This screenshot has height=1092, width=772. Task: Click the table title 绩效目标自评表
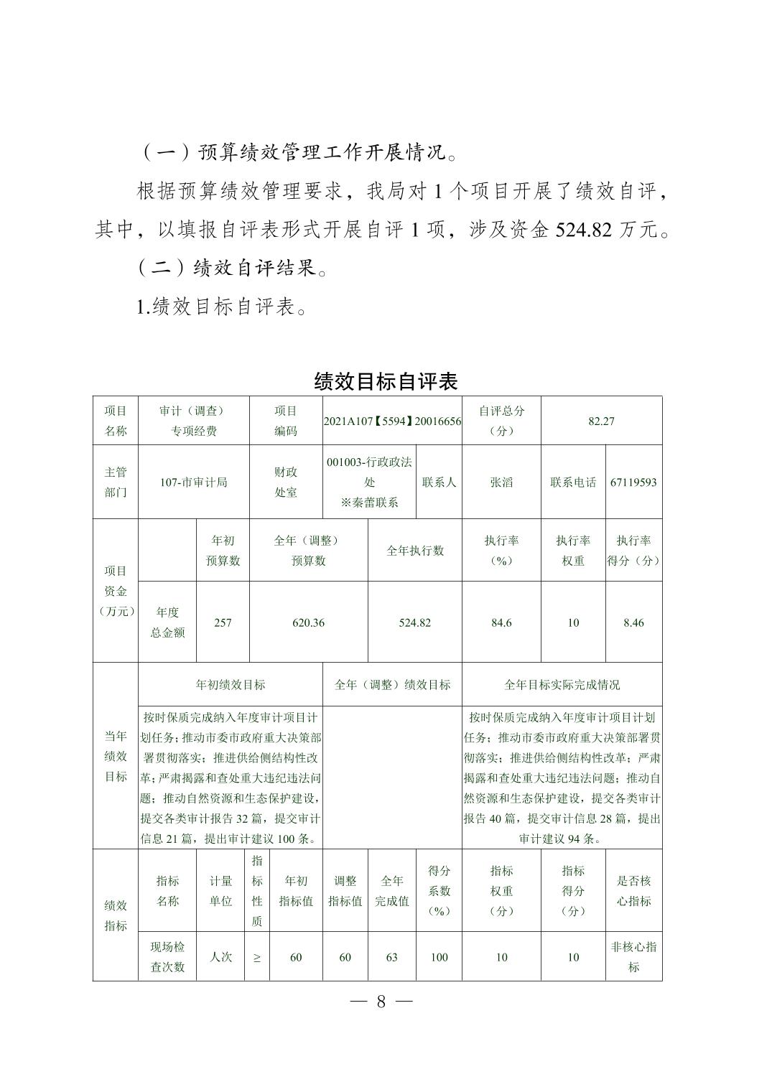(386, 381)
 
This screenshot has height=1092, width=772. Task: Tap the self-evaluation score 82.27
(601, 421)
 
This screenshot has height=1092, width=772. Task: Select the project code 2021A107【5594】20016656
(392, 421)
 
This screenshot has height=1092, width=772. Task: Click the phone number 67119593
(633, 482)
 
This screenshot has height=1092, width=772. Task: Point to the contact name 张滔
(501, 482)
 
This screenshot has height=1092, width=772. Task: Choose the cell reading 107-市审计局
(193, 482)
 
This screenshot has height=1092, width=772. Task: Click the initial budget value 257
(223, 622)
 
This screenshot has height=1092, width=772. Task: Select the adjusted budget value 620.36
(308, 622)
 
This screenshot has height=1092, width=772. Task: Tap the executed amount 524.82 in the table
(414, 622)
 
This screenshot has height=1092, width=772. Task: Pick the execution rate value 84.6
(501, 622)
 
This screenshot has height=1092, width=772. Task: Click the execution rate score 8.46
(633, 622)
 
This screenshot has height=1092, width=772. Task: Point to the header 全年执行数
(415, 551)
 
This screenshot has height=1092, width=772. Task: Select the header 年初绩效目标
(231, 685)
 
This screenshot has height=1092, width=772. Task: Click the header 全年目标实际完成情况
(562, 685)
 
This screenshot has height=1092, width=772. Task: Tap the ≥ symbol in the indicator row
(257, 957)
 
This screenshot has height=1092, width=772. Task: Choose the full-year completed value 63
(391, 957)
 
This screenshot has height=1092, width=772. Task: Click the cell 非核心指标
(633, 957)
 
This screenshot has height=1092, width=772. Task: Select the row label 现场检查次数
(167, 957)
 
